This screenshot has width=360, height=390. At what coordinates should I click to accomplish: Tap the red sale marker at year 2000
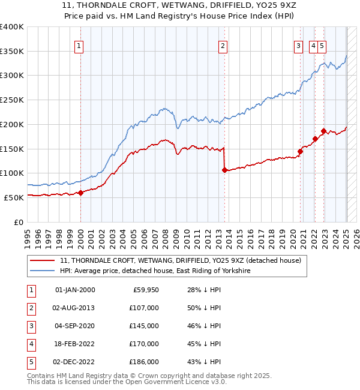click(x=80, y=193)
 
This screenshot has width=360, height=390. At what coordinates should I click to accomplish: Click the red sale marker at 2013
click(x=224, y=170)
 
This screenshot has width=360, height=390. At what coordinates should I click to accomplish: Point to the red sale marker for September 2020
click(x=300, y=151)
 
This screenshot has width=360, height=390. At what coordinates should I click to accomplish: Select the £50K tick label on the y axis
click(x=14, y=197)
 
